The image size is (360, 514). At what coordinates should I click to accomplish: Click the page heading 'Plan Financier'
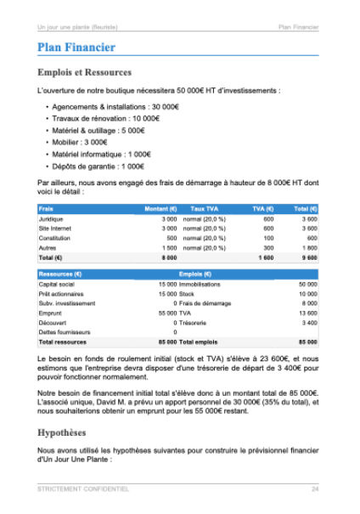tap(76, 48)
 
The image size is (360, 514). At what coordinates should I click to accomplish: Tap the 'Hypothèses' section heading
tap(67, 432)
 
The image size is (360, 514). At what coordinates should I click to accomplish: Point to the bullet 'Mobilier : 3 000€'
tap(80, 142)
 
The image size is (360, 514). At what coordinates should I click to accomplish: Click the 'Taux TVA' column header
tap(205, 208)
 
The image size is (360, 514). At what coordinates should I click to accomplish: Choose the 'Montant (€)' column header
tap(160, 208)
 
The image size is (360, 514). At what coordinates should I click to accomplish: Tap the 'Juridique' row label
tap(52, 218)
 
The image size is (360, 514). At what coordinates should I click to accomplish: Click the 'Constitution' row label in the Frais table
tap(55, 238)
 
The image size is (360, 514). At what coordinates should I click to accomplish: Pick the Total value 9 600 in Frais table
tap(307, 257)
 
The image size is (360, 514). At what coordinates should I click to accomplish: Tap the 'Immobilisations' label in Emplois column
tap(200, 285)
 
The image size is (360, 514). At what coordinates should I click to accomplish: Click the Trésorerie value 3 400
tap(308, 323)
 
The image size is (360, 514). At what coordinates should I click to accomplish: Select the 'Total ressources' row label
tap(63, 342)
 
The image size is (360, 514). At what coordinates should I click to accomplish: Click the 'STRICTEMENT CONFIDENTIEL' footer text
tap(83, 489)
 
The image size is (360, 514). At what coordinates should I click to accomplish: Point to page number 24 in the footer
tap(314, 489)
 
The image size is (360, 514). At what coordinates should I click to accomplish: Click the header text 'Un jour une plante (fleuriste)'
tap(78, 28)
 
